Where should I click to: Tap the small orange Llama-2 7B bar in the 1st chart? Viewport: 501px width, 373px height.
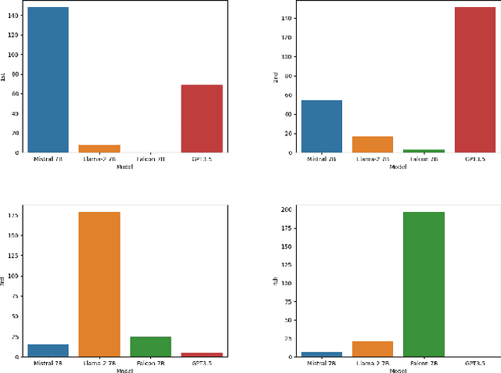click(x=99, y=149)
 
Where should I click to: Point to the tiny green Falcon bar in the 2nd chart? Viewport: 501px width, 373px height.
click(x=424, y=151)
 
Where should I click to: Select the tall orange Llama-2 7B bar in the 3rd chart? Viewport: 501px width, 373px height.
click(x=99, y=284)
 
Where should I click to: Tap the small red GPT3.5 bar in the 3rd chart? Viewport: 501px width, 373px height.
click(x=202, y=354)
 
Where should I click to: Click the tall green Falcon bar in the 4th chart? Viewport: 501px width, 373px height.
click(x=424, y=284)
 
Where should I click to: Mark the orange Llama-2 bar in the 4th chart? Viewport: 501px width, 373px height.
click(x=373, y=349)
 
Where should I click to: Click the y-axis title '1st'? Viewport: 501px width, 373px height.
click(x=4, y=77)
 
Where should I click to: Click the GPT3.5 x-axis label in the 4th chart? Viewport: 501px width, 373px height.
click(x=475, y=364)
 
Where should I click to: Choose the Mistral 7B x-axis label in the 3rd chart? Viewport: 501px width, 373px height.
click(x=49, y=364)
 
